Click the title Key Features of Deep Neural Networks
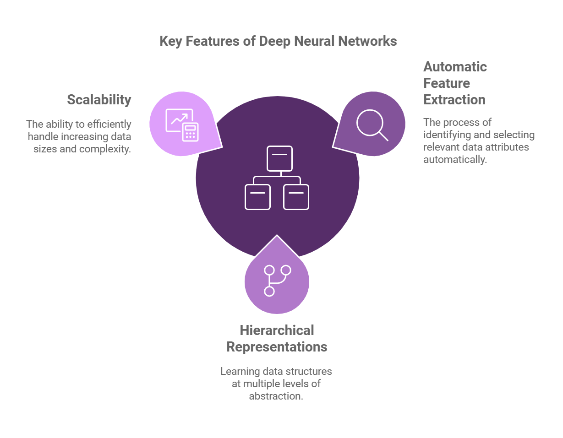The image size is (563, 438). (x=278, y=41)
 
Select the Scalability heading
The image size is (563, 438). (x=99, y=100)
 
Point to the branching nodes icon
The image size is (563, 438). (x=277, y=280)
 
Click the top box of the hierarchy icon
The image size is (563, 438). (x=279, y=158)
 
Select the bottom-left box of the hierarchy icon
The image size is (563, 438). (x=257, y=197)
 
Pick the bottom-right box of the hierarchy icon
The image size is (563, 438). (x=296, y=197)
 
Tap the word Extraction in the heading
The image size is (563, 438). (x=454, y=100)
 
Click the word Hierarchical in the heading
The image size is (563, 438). (x=277, y=330)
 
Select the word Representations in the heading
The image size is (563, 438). (x=277, y=347)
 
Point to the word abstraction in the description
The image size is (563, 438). (x=276, y=396)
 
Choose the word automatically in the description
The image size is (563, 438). (x=454, y=160)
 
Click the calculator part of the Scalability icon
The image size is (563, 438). (x=189, y=132)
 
